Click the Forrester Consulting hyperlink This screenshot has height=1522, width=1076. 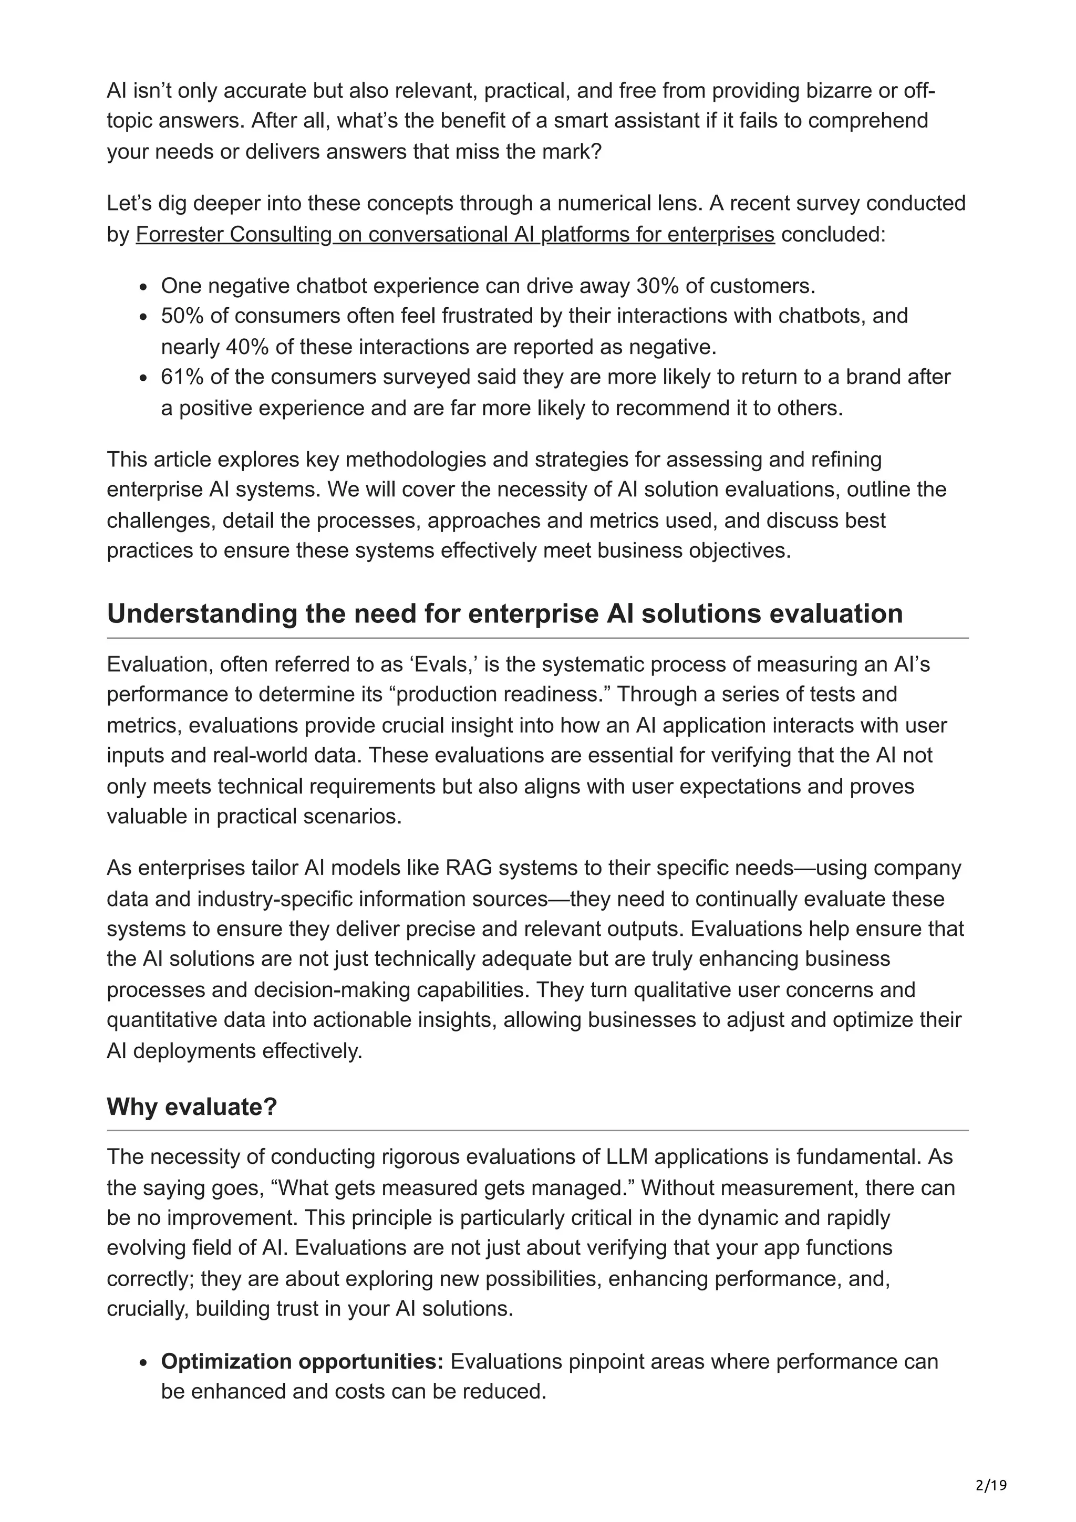click(455, 234)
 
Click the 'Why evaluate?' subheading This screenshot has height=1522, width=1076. click(192, 1107)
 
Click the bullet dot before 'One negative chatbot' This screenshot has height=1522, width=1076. click(143, 287)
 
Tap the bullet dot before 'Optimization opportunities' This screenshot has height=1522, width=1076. click(143, 1362)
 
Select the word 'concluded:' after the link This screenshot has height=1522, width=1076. click(833, 234)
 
